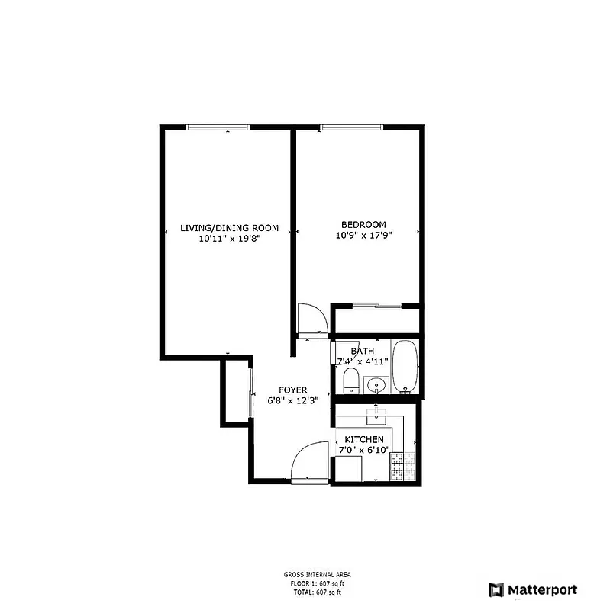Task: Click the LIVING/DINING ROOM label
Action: [229, 227]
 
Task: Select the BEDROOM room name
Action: [363, 224]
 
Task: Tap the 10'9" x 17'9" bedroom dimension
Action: [363, 236]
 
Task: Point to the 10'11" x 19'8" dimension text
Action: [229, 239]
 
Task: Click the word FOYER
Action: [292, 390]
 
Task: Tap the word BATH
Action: [362, 351]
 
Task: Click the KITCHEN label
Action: [364, 440]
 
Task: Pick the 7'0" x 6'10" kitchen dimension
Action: [364, 451]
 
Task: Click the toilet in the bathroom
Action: [351, 379]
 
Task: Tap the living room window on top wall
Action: [217, 127]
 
